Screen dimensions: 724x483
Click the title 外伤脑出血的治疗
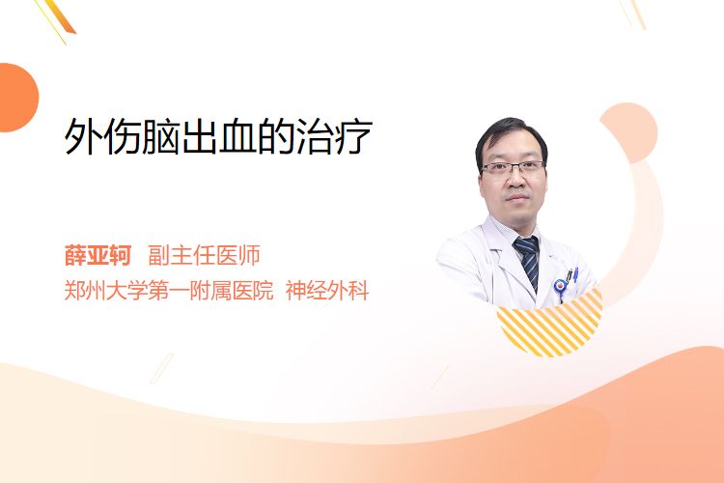point(218,136)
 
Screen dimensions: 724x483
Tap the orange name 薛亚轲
point(97,255)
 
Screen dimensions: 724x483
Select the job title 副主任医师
point(204,255)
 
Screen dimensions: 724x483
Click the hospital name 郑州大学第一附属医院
point(169,291)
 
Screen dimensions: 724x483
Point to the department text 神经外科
point(327,291)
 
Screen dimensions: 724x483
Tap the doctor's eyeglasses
point(513,167)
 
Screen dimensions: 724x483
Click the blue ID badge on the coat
point(560,287)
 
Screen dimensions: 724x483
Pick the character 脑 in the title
point(160,137)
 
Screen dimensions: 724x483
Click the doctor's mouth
point(516,198)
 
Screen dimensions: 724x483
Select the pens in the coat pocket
point(572,275)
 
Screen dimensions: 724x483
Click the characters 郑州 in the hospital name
point(85,291)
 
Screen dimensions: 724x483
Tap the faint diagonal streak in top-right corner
point(636,14)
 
